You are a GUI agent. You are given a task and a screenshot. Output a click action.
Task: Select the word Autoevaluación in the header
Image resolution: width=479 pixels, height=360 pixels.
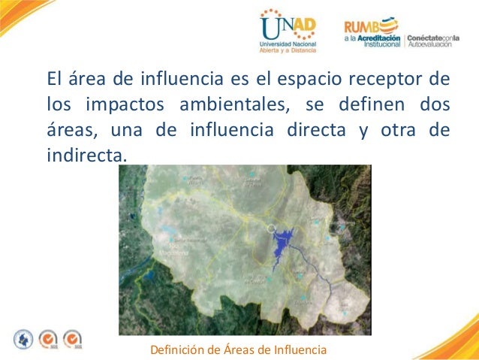[x=432, y=44]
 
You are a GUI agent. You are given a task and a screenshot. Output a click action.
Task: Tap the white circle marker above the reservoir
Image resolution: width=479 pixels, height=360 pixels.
[x=271, y=227]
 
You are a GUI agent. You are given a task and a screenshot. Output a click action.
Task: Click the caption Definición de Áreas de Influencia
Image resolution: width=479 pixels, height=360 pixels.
[x=239, y=349]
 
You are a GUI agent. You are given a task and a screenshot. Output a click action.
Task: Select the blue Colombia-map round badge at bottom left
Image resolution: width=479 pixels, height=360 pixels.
[x=24, y=339]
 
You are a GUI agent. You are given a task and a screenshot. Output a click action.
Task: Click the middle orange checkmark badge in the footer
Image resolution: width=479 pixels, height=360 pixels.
[x=49, y=339]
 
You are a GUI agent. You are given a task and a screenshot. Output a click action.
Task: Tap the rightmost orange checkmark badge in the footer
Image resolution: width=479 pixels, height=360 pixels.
[x=73, y=339]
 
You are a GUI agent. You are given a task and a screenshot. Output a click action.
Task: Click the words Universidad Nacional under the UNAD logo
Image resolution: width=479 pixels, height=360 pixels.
[x=288, y=46]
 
